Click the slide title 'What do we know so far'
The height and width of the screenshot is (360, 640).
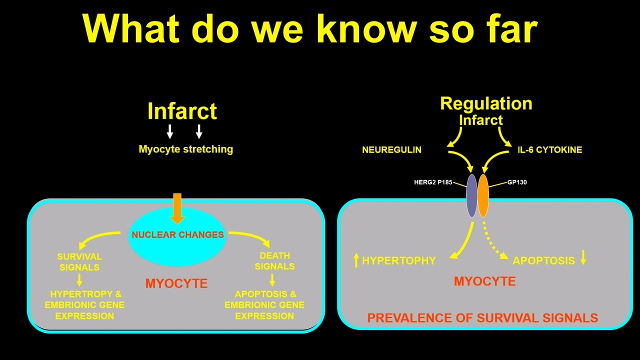310,29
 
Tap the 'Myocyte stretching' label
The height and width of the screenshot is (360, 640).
185,149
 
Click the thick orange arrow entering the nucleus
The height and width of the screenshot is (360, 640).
177,208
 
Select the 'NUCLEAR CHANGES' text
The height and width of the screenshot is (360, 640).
177,234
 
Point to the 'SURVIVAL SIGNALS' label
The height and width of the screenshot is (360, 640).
79,261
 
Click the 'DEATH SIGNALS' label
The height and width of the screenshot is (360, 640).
274,261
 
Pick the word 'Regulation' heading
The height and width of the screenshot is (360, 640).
486,103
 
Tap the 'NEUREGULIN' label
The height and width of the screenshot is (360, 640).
391,149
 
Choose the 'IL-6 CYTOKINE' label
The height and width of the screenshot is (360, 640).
549,149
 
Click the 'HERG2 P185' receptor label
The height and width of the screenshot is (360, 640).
433,182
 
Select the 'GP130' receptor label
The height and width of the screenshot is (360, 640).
517,182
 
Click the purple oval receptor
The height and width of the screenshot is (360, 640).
471,195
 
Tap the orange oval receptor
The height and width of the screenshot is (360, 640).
483,195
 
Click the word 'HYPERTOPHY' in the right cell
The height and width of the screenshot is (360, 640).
399,260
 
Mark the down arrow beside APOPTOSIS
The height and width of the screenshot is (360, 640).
583,257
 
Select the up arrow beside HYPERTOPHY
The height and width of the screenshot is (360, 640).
356,260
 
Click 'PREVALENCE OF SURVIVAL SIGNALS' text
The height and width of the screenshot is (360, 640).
482,317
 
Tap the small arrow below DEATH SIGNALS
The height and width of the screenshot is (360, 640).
272,280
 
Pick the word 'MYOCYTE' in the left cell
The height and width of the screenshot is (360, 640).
176,283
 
